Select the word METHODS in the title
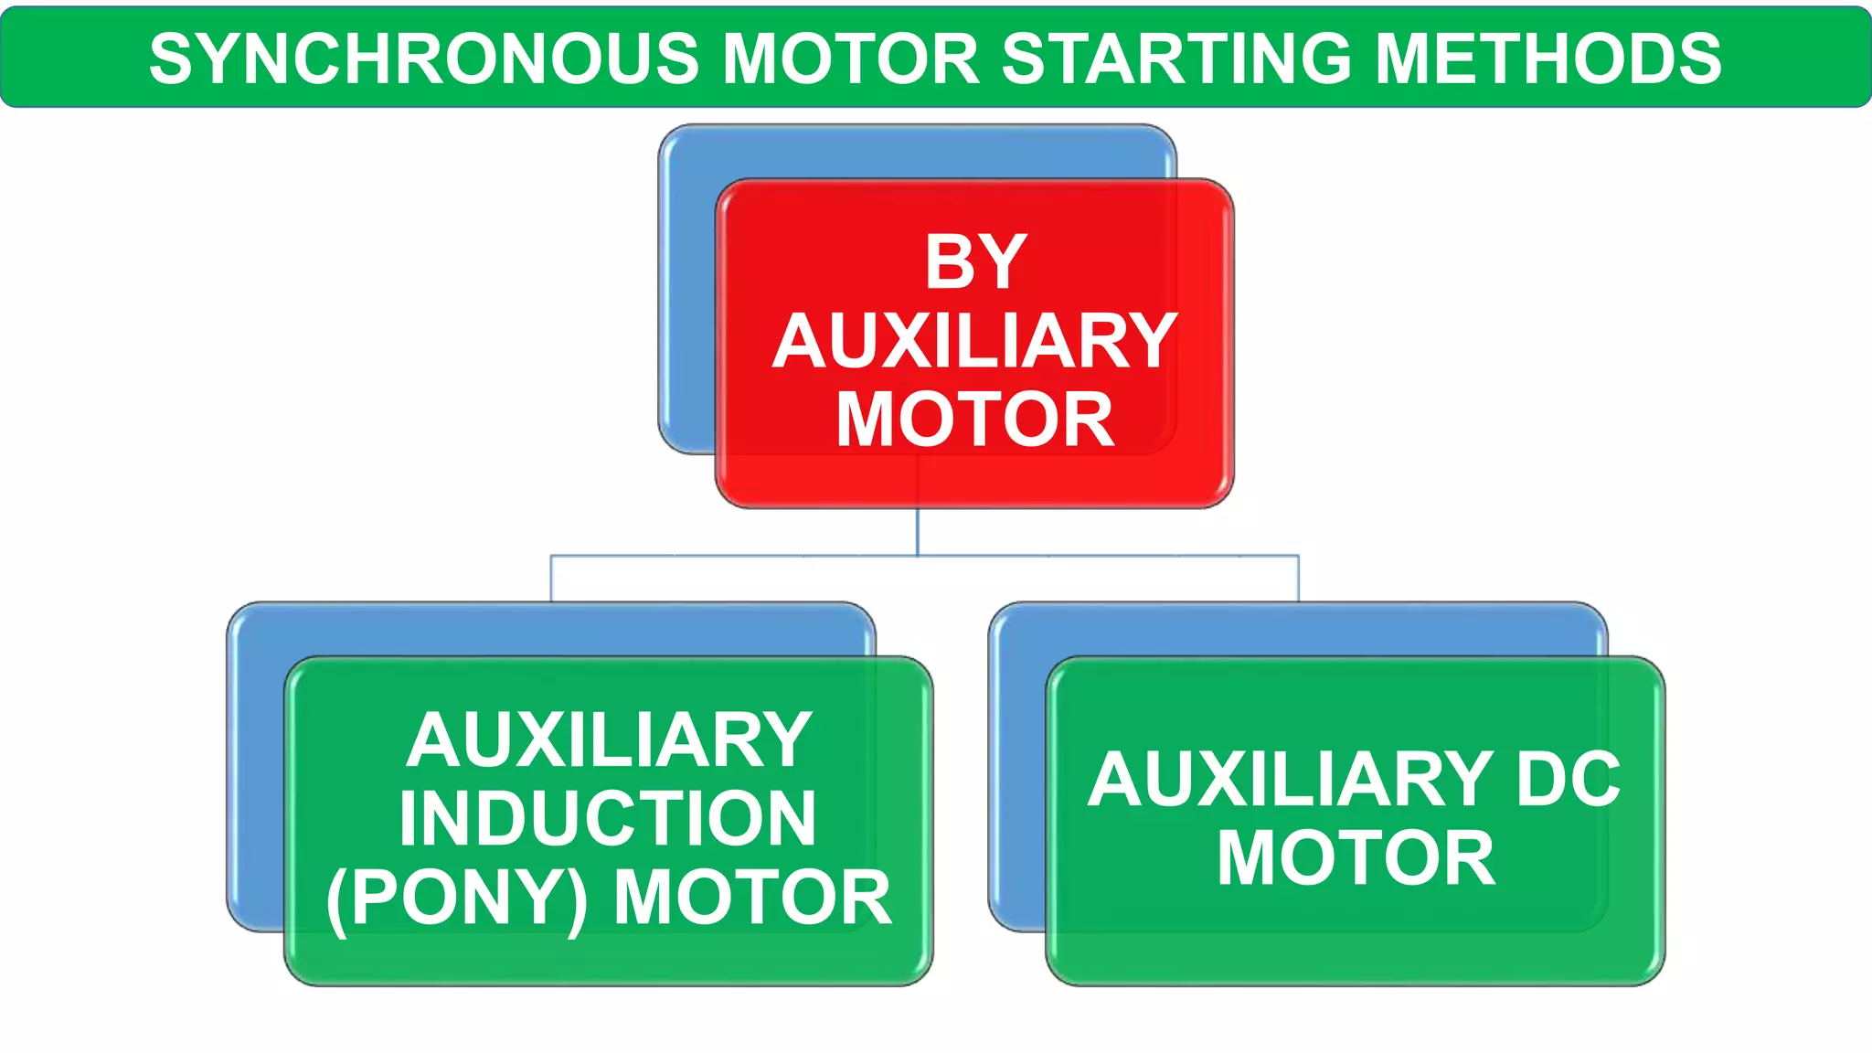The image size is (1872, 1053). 1548,59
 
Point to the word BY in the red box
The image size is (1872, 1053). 975,262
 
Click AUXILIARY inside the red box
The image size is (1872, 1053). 975,342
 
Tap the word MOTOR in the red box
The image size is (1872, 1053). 975,420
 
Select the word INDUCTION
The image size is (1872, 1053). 608,819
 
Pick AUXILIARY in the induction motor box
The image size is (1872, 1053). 610,740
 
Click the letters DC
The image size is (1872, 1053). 1568,780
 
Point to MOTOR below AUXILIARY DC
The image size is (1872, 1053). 1356,859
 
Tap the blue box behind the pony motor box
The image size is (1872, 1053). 256,777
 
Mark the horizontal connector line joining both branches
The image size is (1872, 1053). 731,555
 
